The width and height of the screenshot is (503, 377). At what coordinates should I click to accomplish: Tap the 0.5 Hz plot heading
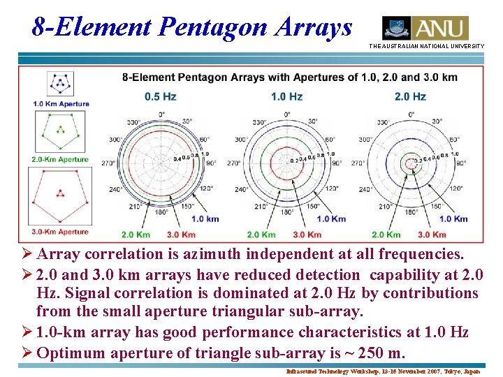(161, 96)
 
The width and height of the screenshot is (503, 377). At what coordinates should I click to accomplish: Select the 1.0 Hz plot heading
(286, 96)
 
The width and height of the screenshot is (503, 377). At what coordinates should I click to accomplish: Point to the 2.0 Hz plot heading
(410, 96)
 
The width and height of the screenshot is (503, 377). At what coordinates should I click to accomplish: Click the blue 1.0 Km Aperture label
(61, 104)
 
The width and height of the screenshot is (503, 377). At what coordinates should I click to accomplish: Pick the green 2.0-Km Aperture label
(60, 159)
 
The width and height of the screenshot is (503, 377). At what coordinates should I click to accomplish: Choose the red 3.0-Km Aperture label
(60, 231)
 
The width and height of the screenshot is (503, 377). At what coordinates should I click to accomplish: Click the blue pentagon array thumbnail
(60, 84)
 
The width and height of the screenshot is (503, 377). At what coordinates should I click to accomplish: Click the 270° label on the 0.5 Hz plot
(109, 163)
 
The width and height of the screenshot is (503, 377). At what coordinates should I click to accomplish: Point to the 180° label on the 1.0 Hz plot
(286, 212)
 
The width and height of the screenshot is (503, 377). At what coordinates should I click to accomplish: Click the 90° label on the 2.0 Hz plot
(461, 163)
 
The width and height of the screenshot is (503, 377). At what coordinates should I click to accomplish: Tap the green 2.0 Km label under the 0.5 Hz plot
(136, 235)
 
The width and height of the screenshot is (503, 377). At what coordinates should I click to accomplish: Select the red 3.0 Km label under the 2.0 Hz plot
(430, 235)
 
